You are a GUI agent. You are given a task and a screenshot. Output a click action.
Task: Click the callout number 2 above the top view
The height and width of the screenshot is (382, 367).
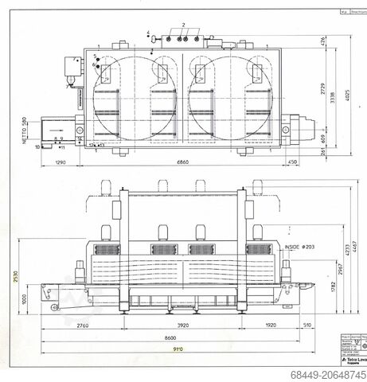point(182,26)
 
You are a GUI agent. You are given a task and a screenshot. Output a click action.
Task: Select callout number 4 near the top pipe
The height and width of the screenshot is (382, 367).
point(148,33)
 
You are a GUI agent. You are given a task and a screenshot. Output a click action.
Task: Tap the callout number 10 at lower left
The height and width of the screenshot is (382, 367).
point(37,147)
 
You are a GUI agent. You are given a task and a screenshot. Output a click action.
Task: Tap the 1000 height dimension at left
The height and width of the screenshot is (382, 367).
point(24,298)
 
